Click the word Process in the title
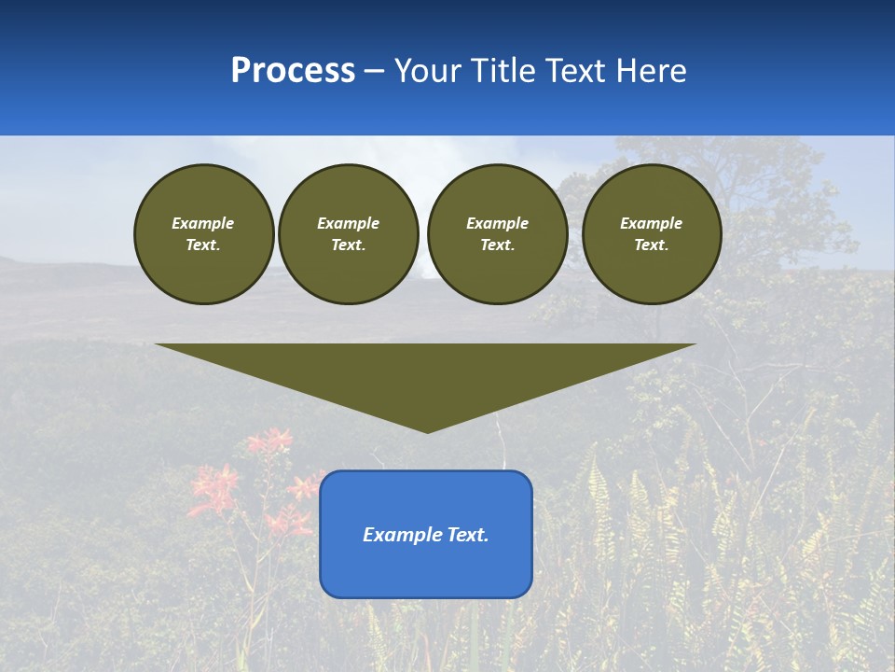coord(293,71)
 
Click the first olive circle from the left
coord(203,234)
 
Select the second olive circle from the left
coord(348,234)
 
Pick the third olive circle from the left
coord(497,234)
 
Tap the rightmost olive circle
coord(651,234)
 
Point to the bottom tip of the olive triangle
coord(427,430)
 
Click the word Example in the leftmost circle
coord(203,223)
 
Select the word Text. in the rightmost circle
coord(651,245)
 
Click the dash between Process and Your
coord(375,72)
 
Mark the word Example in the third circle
coord(497,223)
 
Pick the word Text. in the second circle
coord(348,245)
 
